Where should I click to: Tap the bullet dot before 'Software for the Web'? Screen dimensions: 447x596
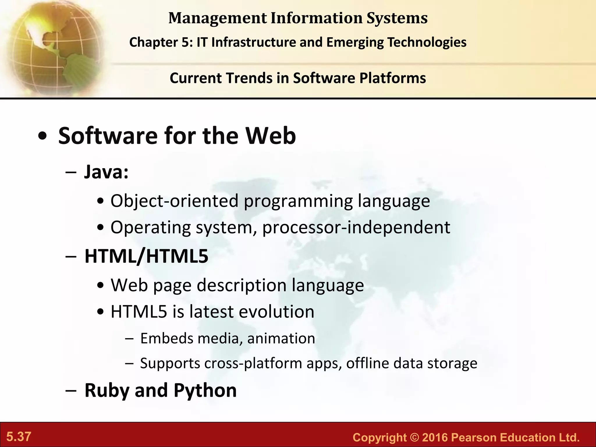pos(42,137)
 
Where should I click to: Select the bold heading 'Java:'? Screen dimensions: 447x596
pos(106,172)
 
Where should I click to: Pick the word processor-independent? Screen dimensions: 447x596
pos(356,227)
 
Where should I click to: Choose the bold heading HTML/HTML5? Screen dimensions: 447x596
pos(146,256)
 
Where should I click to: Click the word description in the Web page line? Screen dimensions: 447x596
pos(242,285)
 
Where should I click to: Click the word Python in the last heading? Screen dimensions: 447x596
pos(205,390)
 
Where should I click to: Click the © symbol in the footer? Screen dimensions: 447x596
pos(414,438)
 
